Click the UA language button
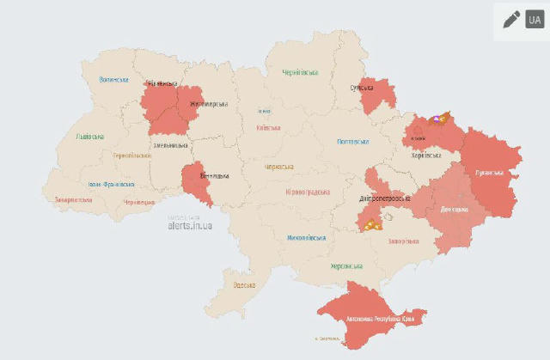[x=534, y=19]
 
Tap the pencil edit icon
[x=511, y=19]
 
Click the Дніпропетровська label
[x=382, y=198]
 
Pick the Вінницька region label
[x=213, y=176]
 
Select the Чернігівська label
[x=300, y=72]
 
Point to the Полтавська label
[x=353, y=142]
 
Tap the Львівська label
[x=89, y=137]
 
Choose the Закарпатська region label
[x=73, y=199]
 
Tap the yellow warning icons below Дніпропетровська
[x=370, y=226]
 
